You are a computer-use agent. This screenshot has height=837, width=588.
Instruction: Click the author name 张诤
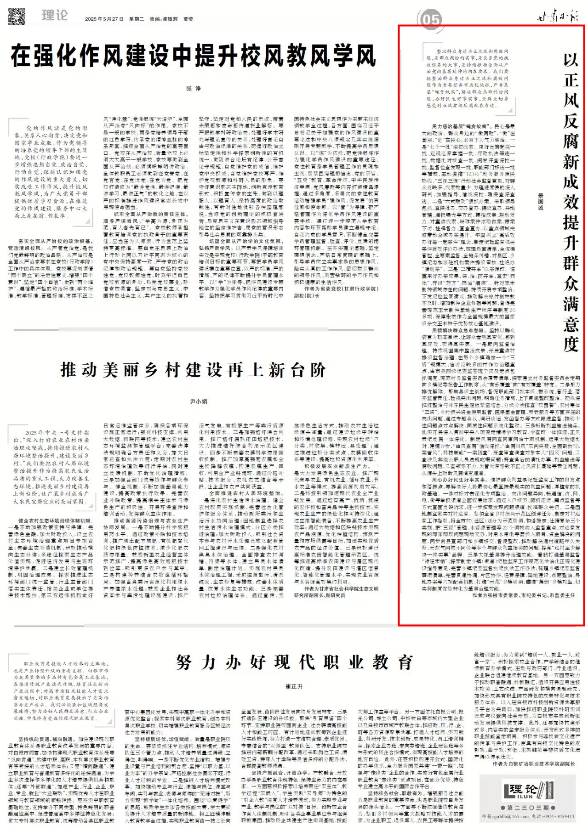[x=193, y=88]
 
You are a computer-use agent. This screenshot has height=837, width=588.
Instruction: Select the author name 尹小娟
[x=199, y=402]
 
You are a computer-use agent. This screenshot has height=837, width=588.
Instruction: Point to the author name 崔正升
[x=294, y=686]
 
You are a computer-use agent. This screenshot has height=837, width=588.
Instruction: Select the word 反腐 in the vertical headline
[x=571, y=130]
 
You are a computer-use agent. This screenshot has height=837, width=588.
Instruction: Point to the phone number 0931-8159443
[x=558, y=816]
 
